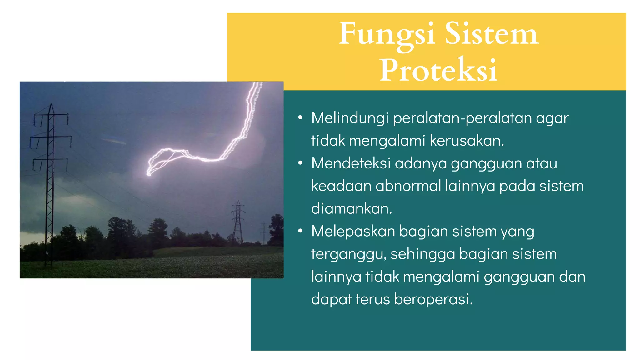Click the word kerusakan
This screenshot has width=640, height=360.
(467, 141)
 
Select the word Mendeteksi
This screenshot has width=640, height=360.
(351, 163)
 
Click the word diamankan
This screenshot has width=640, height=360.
(352, 209)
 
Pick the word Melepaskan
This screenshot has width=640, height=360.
(353, 232)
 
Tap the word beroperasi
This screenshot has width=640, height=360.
(433, 299)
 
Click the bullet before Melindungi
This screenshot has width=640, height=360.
(300, 118)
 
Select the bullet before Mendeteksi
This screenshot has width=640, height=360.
(300, 163)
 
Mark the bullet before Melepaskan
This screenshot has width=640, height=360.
(300, 231)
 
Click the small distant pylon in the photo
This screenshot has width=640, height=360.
(238, 222)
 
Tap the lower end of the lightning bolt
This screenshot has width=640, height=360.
(149, 174)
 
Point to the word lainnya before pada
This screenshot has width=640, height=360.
(470, 186)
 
